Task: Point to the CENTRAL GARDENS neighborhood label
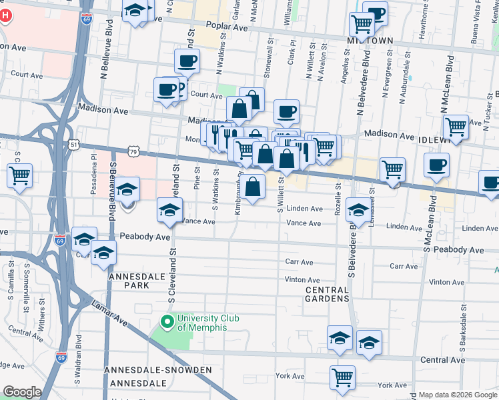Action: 327,295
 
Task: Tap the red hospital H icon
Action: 5,15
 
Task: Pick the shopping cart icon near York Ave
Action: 342,377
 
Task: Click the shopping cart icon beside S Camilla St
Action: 20,177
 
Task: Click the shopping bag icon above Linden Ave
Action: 254,187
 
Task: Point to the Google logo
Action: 22,392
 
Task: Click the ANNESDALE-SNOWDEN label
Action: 158,370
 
